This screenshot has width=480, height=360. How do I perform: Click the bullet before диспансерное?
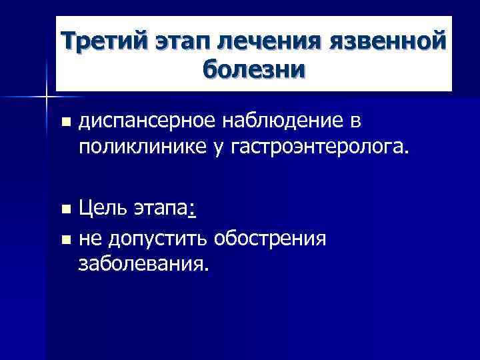(64, 122)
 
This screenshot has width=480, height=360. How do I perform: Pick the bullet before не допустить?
(64, 239)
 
